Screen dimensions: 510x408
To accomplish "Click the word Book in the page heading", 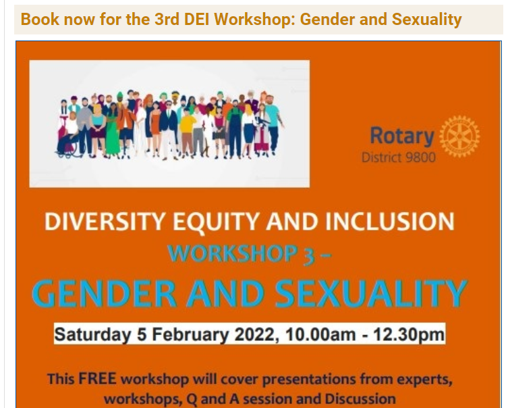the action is [x=40, y=19].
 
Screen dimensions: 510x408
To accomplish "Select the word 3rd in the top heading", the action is [x=167, y=19].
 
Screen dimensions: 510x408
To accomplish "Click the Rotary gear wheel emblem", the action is [x=459, y=136].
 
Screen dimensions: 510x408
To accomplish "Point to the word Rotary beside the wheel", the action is [x=402, y=136].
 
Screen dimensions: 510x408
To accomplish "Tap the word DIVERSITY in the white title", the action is [x=105, y=222].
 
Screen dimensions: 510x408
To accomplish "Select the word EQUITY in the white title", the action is [x=216, y=222].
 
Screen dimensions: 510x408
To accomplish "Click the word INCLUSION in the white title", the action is [x=390, y=222].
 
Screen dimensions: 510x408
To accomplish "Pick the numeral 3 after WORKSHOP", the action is [x=310, y=255].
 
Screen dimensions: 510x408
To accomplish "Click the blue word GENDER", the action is [x=105, y=293].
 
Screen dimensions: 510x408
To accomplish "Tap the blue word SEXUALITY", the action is [x=372, y=293].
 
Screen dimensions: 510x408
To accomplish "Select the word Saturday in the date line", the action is [x=92, y=334].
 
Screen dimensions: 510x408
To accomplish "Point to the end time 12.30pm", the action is [x=409, y=334].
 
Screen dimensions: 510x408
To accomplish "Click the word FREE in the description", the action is [x=97, y=379].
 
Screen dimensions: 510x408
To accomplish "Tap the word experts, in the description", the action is [x=424, y=380].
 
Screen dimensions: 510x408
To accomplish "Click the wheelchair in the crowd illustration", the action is [x=67, y=148].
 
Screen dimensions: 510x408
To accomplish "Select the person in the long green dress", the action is [x=113, y=130].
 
